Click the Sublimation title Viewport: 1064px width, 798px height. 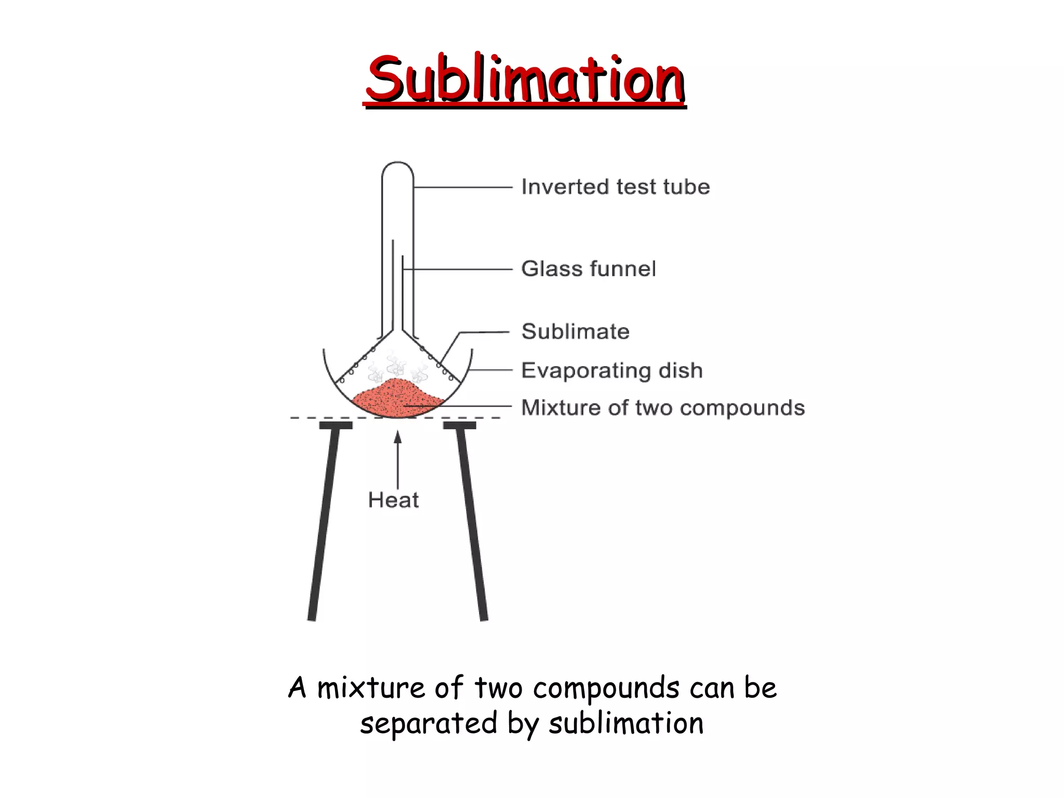click(x=525, y=79)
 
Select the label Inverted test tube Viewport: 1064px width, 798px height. click(x=616, y=187)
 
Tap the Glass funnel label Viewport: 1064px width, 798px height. click(x=589, y=269)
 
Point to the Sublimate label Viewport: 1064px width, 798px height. click(x=576, y=331)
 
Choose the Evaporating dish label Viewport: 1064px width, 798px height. click(x=612, y=370)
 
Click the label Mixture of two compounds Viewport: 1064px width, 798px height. click(x=663, y=408)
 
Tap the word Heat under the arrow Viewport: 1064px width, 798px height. click(x=393, y=500)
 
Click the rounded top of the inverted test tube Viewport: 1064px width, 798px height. click(x=397, y=167)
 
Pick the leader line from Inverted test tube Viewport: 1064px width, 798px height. click(x=462, y=187)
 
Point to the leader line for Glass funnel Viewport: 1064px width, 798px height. click(x=457, y=269)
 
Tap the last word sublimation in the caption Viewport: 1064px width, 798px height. click(x=626, y=723)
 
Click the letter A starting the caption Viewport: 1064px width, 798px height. click(x=298, y=688)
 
